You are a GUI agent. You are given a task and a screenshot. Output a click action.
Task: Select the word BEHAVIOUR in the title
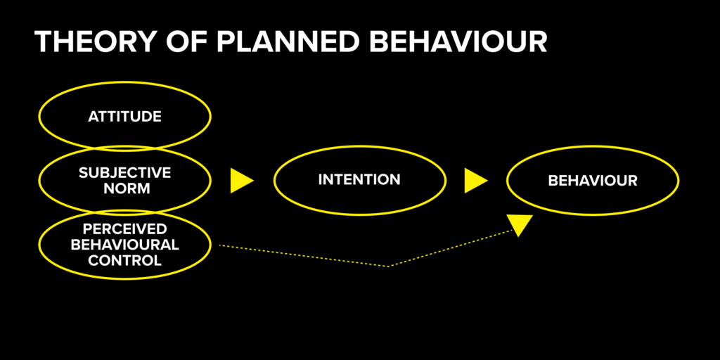tap(459, 42)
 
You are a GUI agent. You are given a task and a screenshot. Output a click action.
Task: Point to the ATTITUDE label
tap(124, 117)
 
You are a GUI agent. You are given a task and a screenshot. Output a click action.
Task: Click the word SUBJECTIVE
tap(124, 172)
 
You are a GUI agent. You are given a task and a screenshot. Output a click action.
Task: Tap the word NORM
tap(124, 188)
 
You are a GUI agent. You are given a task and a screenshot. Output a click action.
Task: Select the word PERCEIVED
tap(124, 229)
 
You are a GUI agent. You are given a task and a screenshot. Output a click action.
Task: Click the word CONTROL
tap(124, 260)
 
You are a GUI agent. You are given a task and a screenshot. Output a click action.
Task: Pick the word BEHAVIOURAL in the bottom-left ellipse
tap(124, 245)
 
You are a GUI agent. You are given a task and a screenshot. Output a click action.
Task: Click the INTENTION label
tap(359, 180)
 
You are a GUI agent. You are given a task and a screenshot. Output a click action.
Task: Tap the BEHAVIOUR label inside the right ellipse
tap(593, 181)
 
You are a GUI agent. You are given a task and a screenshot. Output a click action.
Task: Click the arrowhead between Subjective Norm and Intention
tap(240, 181)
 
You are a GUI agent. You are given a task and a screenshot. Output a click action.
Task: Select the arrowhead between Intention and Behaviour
tap(474, 181)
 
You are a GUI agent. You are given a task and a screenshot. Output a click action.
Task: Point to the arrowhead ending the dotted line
tap(520, 224)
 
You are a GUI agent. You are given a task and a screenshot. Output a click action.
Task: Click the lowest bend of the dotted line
tap(388, 266)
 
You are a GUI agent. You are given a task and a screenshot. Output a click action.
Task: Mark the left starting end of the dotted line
tap(221, 245)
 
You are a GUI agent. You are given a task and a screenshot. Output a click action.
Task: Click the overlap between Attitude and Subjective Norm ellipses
tap(124, 148)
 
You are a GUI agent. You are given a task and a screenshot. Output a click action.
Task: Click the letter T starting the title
tap(44, 42)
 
